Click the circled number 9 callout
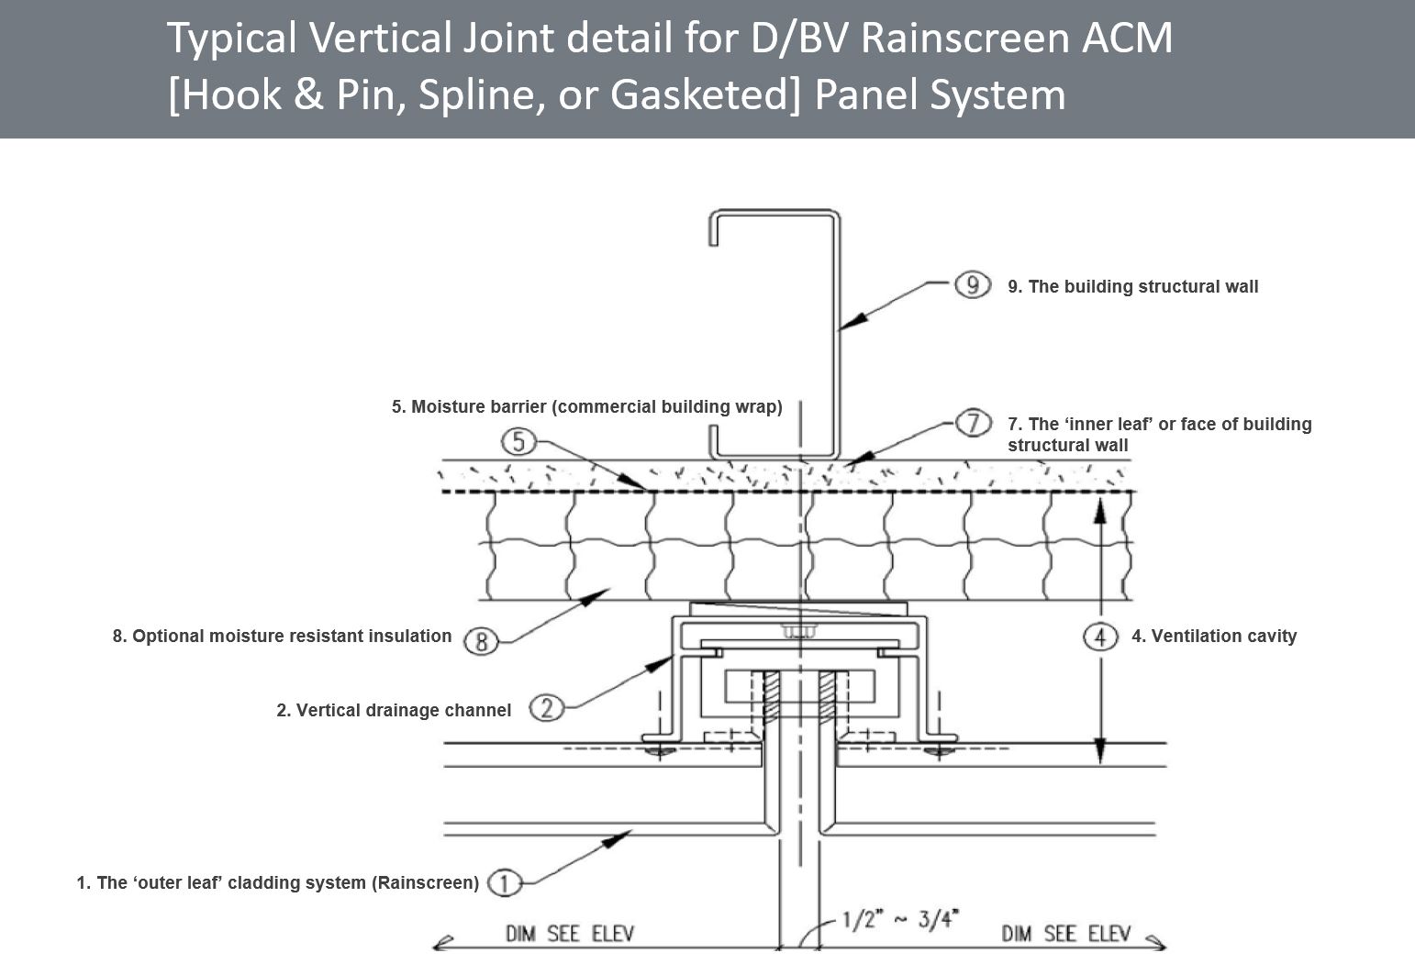972,285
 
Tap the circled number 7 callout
973,423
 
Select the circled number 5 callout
518,442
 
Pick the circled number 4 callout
1100,636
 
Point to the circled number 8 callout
481,640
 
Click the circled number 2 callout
547,708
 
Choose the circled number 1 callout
504,883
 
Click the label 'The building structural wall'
1132,286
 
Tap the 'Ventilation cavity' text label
1213,636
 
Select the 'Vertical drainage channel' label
394,710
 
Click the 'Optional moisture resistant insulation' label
282,636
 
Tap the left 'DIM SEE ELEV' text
570,934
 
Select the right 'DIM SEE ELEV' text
1065,934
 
